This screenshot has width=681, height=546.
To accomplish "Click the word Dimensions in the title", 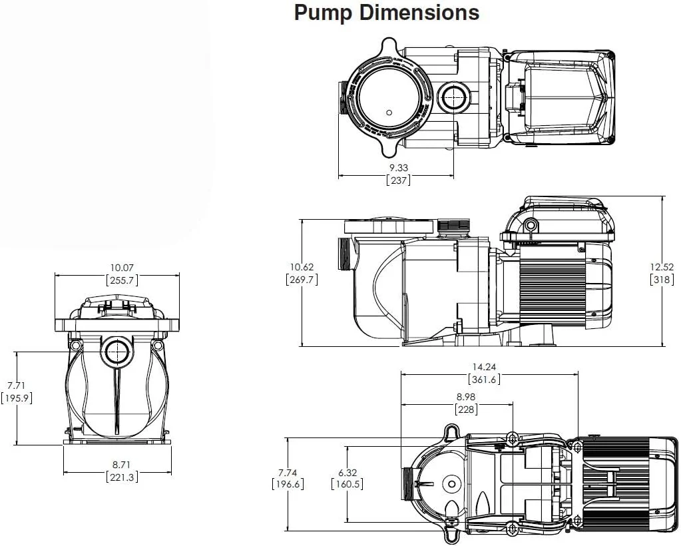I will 417,13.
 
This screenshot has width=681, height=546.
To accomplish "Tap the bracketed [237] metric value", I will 398,180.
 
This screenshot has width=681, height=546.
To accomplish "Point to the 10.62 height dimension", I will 301,267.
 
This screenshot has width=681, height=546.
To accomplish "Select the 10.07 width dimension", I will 116,268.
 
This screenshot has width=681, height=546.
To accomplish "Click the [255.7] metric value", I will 116,281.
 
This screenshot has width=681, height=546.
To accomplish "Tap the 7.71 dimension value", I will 16,386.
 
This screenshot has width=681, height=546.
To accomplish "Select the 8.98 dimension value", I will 466,396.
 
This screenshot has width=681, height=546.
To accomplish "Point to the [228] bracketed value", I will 466,409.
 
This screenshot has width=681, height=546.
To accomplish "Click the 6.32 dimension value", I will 346,471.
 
